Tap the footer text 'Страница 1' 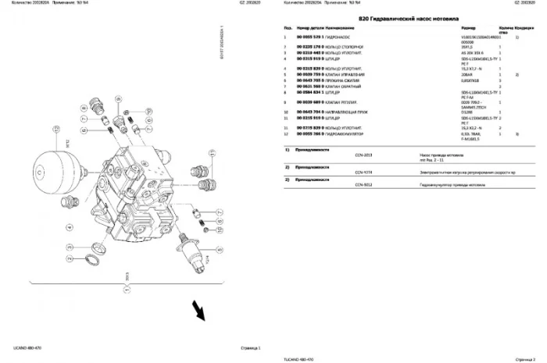coord(248,346)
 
